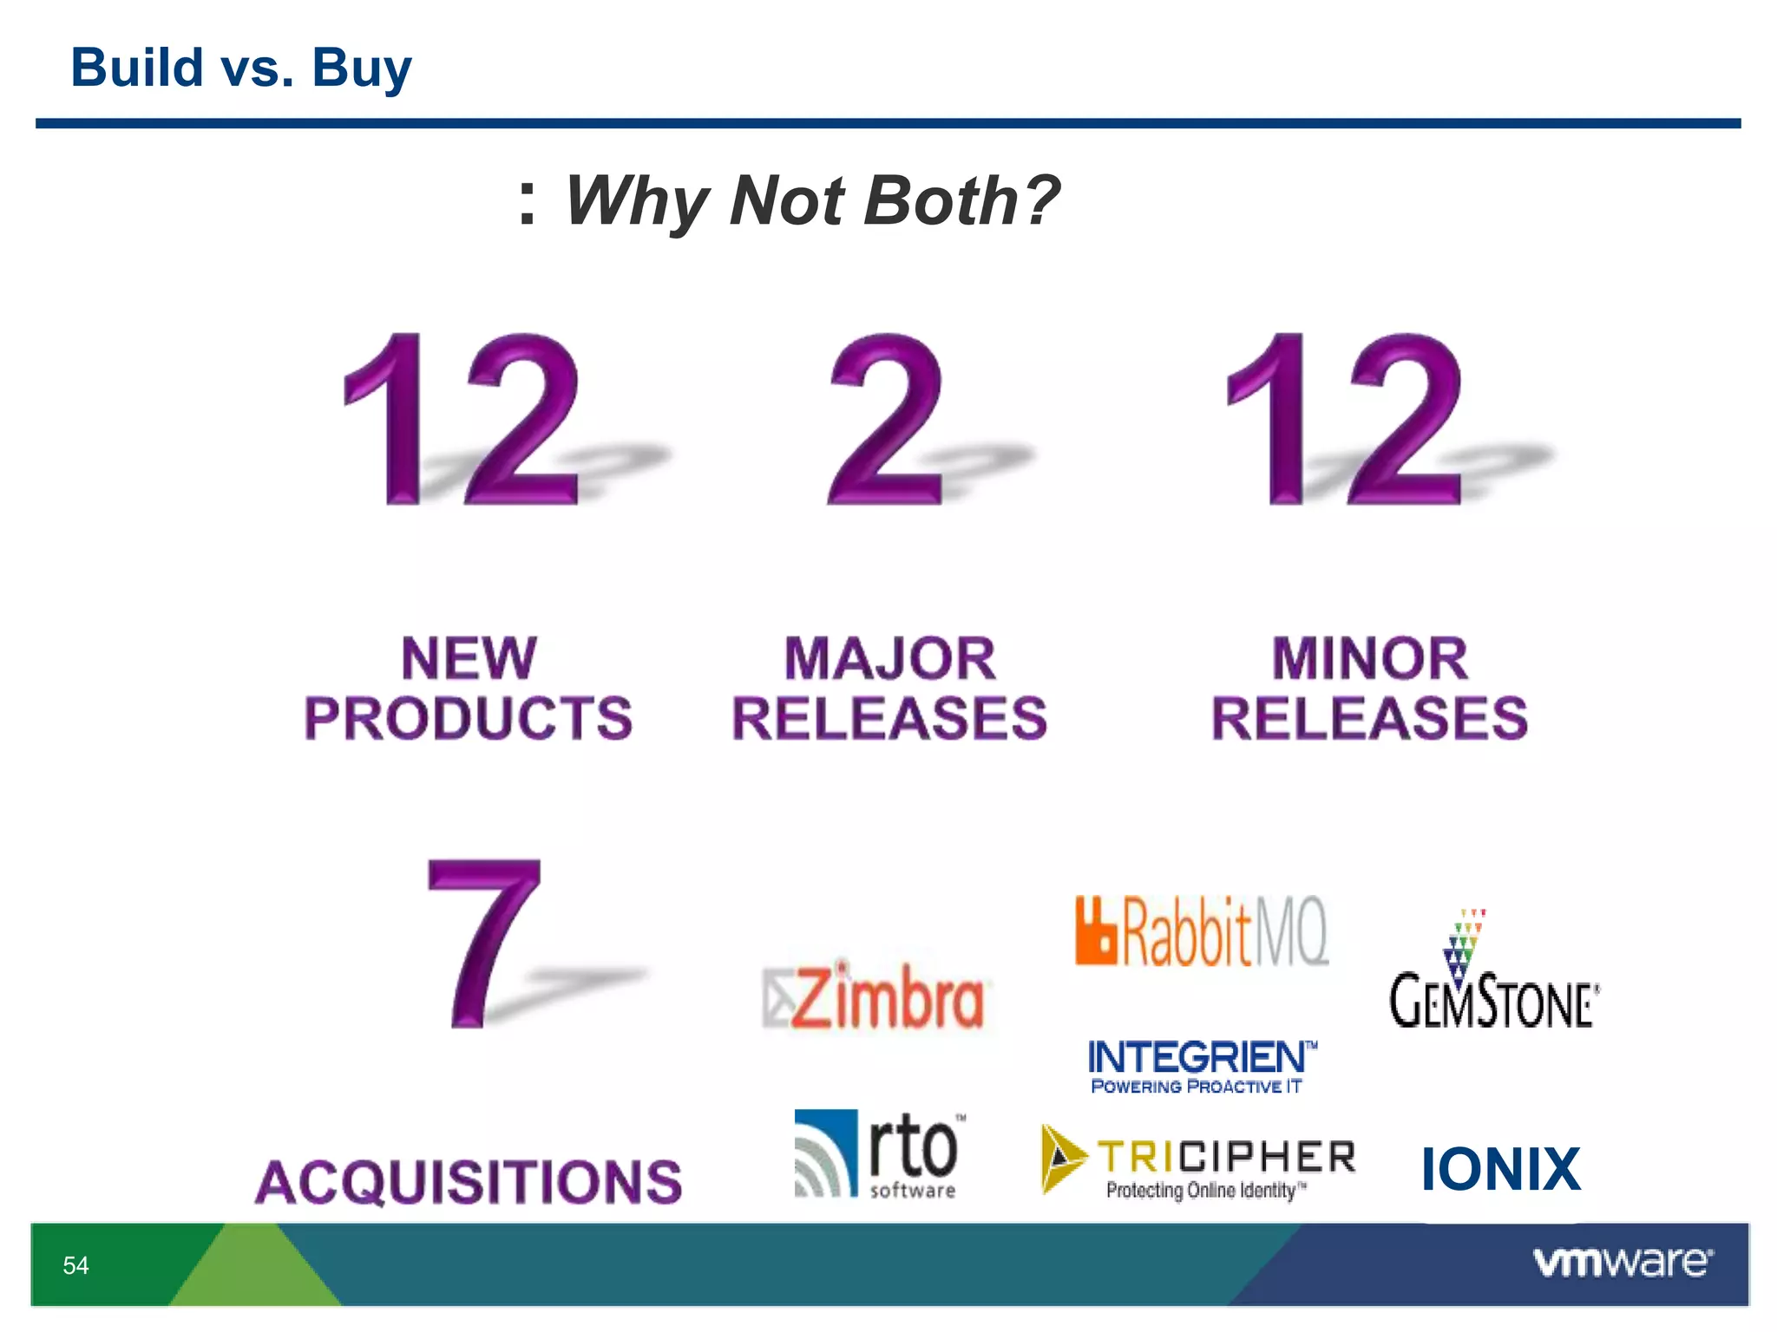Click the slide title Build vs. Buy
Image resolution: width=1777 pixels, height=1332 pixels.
pos(240,68)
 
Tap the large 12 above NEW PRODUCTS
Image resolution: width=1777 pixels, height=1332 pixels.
pos(462,418)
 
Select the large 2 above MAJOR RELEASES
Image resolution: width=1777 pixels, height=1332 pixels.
pos(885,418)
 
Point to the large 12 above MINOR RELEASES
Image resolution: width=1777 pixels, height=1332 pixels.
pos(1345,418)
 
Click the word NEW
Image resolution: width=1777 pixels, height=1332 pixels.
pos(469,659)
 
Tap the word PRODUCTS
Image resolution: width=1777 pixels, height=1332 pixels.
pos(469,718)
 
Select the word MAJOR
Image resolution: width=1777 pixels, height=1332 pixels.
pos(890,659)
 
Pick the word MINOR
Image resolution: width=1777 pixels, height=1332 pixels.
pos(1370,659)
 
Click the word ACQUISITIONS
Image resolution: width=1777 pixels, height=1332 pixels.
pos(469,1182)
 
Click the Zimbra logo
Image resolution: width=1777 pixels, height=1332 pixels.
pos(874,997)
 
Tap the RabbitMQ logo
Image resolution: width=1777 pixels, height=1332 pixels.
pos(1201,931)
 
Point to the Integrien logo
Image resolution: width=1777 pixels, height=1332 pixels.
pos(1201,1066)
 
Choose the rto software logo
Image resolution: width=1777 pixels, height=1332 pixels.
pos(878,1155)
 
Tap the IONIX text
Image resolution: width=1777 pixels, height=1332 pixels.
pos(1500,1169)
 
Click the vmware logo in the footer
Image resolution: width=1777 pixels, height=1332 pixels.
pos(1622,1263)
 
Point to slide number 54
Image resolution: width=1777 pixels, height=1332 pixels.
pos(76,1265)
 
